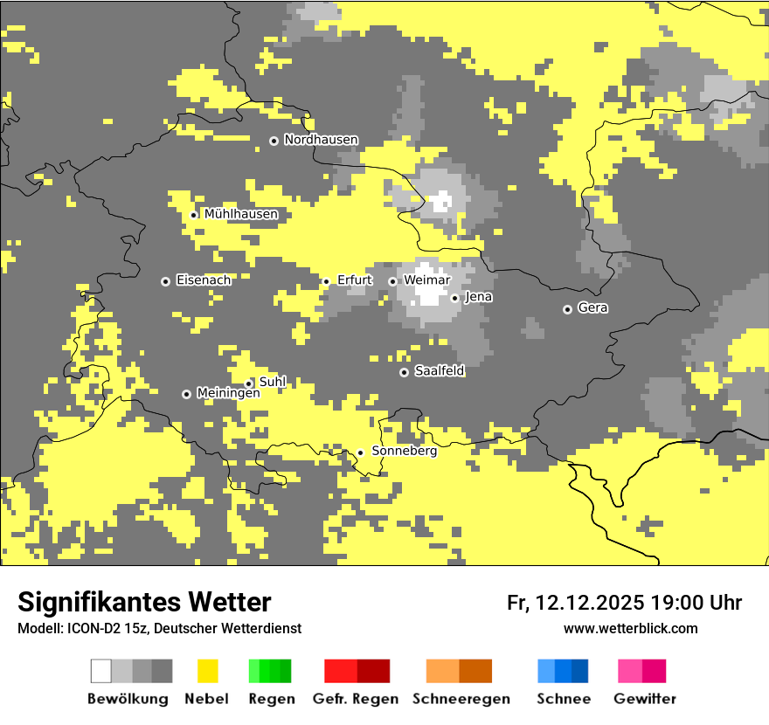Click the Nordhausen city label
click(321, 140)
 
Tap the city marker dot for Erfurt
click(326, 281)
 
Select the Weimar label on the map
click(427, 280)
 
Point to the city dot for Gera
click(567, 309)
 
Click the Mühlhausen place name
click(241, 214)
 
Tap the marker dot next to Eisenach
click(165, 281)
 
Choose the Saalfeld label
click(440, 371)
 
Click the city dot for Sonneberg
click(360, 452)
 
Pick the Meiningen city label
click(228, 393)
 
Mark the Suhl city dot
click(248, 383)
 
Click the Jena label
click(479, 297)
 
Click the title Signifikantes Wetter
click(144, 602)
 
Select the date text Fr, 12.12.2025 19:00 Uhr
click(624, 603)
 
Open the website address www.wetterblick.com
click(630, 628)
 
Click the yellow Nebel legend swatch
click(207, 671)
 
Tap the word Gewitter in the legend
click(645, 699)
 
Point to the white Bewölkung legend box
click(101, 671)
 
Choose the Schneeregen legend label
click(461, 699)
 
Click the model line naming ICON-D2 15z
click(159, 628)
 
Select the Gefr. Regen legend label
click(355, 699)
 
